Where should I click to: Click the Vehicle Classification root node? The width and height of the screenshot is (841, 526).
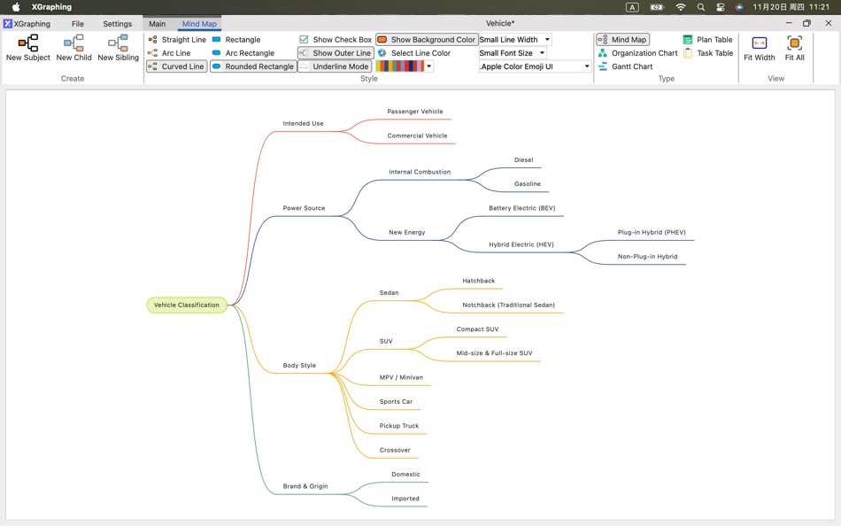[x=187, y=305]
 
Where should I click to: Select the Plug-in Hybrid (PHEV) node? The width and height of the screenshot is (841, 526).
[x=652, y=232]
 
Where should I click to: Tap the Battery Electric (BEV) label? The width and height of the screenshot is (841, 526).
[x=521, y=208]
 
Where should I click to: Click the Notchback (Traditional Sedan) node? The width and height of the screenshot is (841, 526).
[x=508, y=305]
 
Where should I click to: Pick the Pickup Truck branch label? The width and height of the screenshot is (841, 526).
[x=399, y=426]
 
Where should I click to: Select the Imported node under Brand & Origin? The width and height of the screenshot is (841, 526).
[x=405, y=499]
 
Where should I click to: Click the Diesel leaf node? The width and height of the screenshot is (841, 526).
[x=524, y=160]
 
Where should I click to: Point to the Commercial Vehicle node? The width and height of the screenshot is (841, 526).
[x=417, y=135]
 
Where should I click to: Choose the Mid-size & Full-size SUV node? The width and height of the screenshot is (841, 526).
[x=494, y=353]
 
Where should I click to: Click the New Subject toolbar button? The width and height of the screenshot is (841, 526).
[x=28, y=48]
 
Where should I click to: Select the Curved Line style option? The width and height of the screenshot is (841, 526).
[x=177, y=66]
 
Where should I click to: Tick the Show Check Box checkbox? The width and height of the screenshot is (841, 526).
[x=305, y=40]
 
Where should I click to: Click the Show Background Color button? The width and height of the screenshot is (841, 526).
[x=427, y=40]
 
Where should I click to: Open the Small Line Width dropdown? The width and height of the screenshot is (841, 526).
[x=515, y=40]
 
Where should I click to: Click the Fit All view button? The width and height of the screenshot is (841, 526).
[x=794, y=48]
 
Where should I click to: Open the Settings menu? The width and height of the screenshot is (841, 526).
[x=117, y=24]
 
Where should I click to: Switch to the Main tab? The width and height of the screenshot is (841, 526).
[x=157, y=24]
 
